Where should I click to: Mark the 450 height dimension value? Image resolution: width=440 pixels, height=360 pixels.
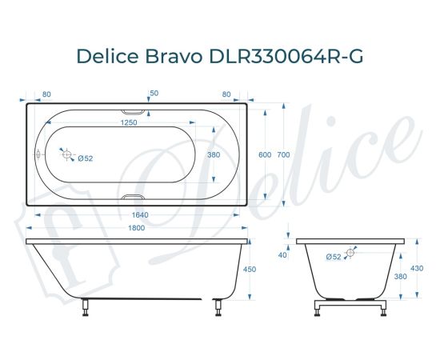249,270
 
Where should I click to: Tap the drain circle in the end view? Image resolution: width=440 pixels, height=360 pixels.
350,253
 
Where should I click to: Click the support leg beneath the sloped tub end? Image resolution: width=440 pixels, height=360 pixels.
85,308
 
